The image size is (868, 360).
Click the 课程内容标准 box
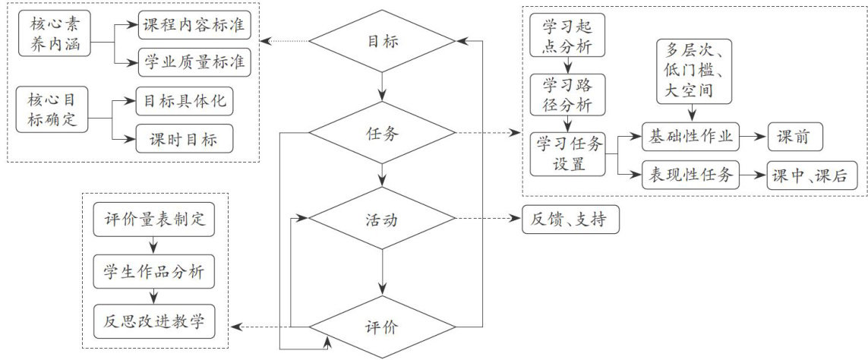click(194, 25)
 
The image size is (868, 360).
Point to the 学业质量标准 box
click(194, 62)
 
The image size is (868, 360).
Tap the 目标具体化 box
click(184, 100)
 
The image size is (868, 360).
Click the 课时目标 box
click(184, 138)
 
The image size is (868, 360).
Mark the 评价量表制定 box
click(154, 220)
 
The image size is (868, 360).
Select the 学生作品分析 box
click(154, 271)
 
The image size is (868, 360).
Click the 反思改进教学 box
click(154, 322)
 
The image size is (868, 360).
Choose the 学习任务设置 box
click(569, 153)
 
